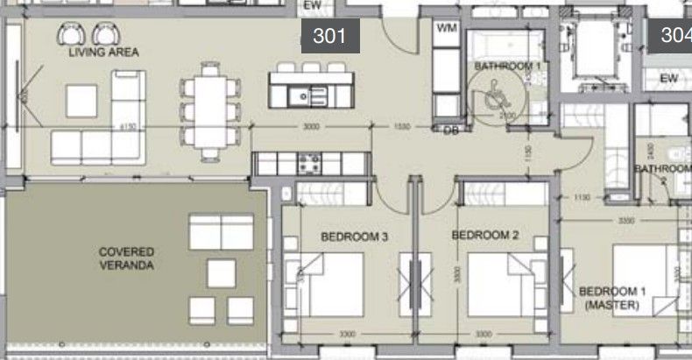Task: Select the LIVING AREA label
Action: pos(104,53)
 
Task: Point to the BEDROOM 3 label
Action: pos(354,236)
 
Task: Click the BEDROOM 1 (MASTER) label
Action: pos(611,298)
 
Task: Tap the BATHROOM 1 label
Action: pos(508,67)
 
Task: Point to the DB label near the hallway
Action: pos(451,131)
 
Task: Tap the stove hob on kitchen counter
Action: pos(309,162)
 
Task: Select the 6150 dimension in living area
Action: pos(129,127)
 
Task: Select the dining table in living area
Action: pos(210,110)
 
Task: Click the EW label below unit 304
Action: pos(669,79)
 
